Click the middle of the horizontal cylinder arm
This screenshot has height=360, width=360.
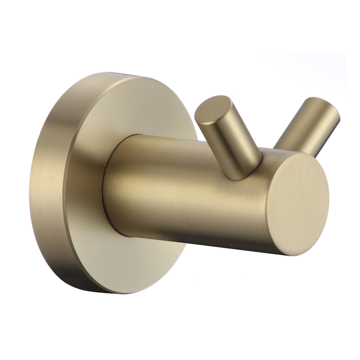click(x=189, y=189)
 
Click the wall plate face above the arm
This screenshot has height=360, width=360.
click(x=135, y=108)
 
